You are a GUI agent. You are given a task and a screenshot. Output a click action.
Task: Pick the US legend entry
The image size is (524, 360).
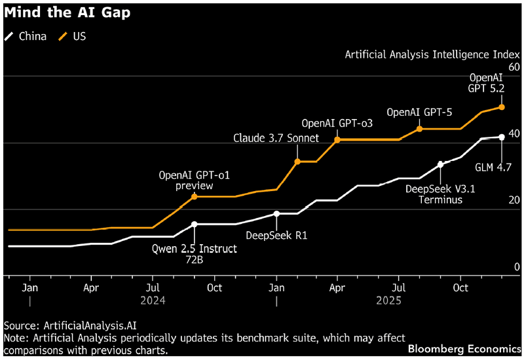(x=73, y=36)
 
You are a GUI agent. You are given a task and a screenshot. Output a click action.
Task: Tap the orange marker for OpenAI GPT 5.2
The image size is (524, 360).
(x=502, y=107)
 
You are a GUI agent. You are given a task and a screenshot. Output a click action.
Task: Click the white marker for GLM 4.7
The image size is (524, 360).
(x=502, y=137)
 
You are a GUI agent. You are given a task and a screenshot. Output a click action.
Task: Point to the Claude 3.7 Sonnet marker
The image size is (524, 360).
(x=297, y=161)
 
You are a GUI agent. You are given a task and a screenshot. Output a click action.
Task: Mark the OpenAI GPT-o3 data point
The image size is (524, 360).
(x=337, y=139)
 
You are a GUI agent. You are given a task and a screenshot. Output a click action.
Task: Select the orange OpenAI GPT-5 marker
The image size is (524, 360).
(x=420, y=128)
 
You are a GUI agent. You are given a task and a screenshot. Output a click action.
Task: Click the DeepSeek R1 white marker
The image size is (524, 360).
(x=276, y=213)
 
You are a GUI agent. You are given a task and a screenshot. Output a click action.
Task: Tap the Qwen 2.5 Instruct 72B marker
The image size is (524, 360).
(x=194, y=224)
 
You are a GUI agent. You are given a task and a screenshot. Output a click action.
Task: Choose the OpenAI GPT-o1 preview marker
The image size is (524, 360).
(x=194, y=196)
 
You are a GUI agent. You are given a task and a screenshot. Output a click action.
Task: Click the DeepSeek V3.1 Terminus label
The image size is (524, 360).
(x=434, y=194)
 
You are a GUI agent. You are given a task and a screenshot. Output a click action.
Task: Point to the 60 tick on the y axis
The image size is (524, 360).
(x=514, y=67)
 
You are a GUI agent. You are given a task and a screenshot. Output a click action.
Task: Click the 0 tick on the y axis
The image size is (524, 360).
(x=517, y=266)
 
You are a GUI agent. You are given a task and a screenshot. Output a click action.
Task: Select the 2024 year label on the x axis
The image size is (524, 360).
(x=152, y=301)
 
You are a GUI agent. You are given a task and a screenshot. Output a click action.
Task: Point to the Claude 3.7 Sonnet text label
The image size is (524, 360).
(x=276, y=138)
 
